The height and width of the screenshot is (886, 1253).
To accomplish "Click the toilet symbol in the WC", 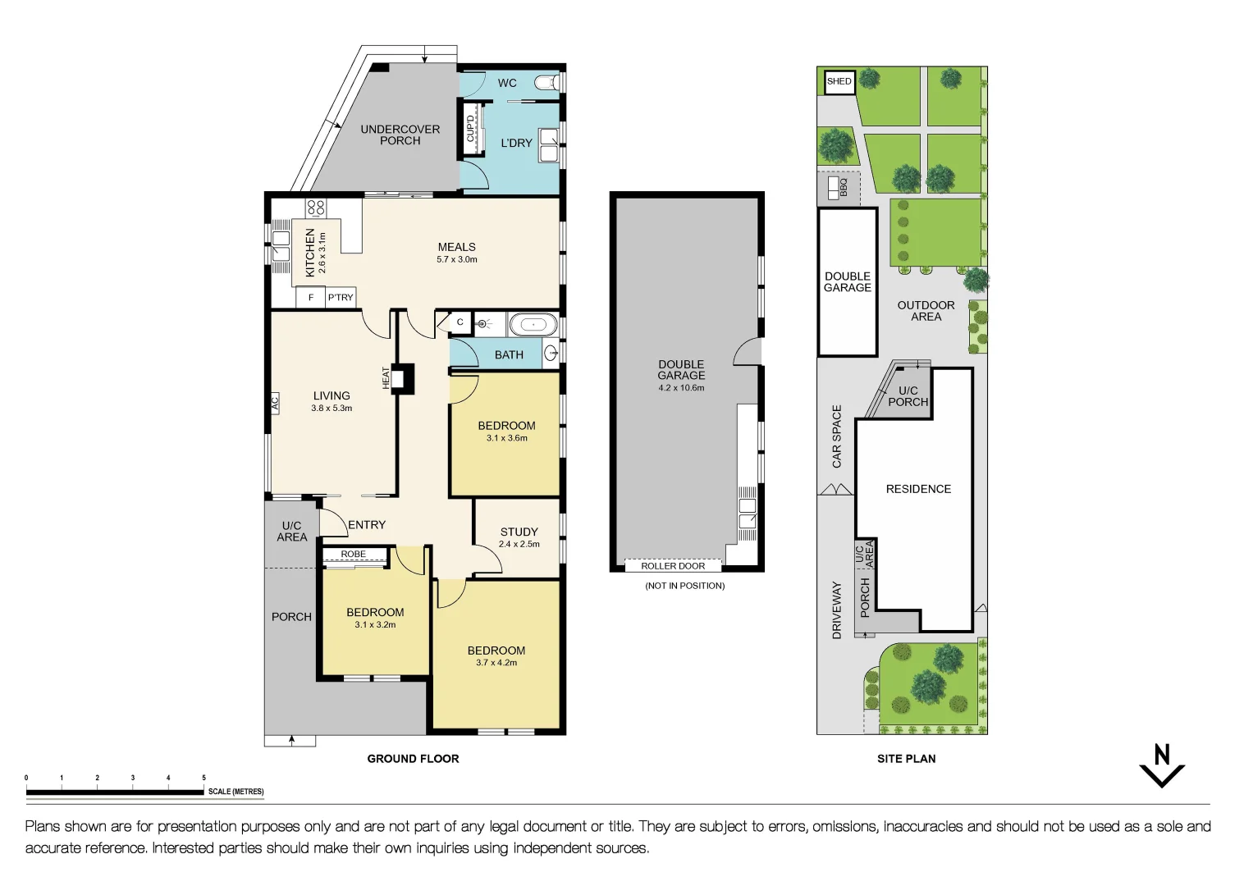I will (547, 82).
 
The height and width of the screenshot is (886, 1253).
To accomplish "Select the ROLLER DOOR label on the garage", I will (673, 566).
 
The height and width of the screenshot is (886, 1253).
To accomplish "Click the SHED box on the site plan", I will (839, 81).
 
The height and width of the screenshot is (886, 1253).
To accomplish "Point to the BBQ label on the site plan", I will (843, 188).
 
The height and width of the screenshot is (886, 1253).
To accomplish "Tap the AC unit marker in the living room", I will (275, 403).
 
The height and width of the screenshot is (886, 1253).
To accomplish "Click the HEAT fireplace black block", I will (403, 379).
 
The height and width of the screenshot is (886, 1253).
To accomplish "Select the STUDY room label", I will (519, 532).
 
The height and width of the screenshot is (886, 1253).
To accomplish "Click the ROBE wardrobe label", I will (354, 555).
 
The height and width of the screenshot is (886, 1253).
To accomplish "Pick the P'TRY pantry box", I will (341, 297).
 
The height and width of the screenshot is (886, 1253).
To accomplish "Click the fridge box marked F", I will (311, 297).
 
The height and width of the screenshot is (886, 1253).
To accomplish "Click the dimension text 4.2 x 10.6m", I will (681, 388).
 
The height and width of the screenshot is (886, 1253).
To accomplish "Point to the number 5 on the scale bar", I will (203, 778).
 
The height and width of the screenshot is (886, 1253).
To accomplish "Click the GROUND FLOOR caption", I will (413, 759).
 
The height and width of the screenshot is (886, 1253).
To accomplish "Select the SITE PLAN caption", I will (906, 759).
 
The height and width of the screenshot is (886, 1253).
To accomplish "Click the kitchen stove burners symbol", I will (316, 208).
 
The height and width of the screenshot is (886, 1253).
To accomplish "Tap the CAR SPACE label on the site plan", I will (837, 436).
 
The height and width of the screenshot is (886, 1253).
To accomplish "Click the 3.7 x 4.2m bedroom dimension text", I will (496, 663).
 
